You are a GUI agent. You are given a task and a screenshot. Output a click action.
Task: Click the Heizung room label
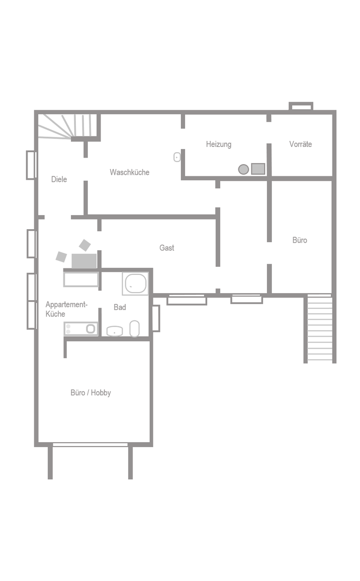218,144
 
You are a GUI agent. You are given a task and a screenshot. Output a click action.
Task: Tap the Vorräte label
300,144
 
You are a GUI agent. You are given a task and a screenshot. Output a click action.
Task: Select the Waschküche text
129,172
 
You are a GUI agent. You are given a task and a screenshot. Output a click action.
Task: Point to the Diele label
59,179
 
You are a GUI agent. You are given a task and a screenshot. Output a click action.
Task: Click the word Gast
166,248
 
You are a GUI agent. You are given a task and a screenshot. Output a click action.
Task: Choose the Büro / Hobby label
91,393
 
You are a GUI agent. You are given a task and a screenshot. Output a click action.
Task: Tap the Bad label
120,307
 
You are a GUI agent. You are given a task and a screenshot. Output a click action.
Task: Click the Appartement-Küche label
66,309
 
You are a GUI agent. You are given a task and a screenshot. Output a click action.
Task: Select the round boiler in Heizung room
243,169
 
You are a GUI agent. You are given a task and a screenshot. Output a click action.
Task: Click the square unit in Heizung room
258,169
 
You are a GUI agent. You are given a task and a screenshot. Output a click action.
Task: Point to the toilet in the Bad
135,329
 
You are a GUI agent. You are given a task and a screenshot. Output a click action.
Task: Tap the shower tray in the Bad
135,284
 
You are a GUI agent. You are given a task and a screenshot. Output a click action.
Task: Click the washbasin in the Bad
115,331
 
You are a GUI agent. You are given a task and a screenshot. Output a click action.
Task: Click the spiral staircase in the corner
68,126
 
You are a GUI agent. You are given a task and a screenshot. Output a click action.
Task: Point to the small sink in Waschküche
177,157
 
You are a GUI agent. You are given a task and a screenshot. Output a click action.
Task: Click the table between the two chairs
84,261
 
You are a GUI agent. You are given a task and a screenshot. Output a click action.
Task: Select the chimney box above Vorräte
301,107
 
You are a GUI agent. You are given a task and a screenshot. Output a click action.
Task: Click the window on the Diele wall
31,165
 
